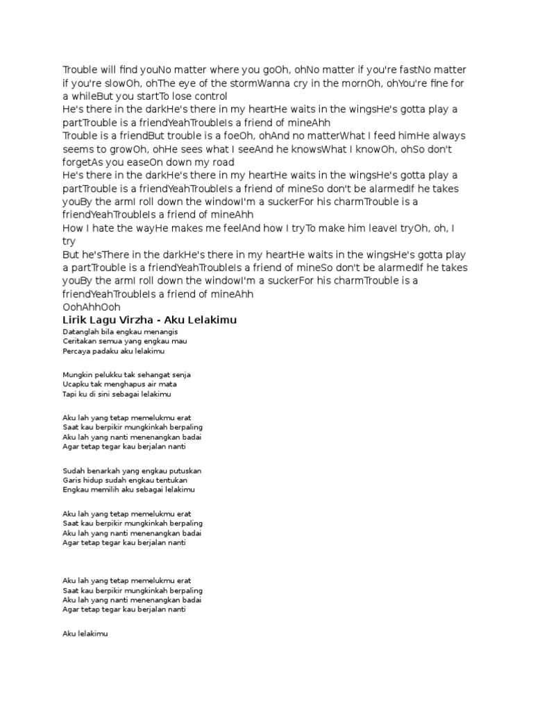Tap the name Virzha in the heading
point(139,320)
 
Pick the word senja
point(180,374)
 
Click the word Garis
point(71,480)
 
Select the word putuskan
point(185,470)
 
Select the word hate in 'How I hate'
point(104,228)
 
